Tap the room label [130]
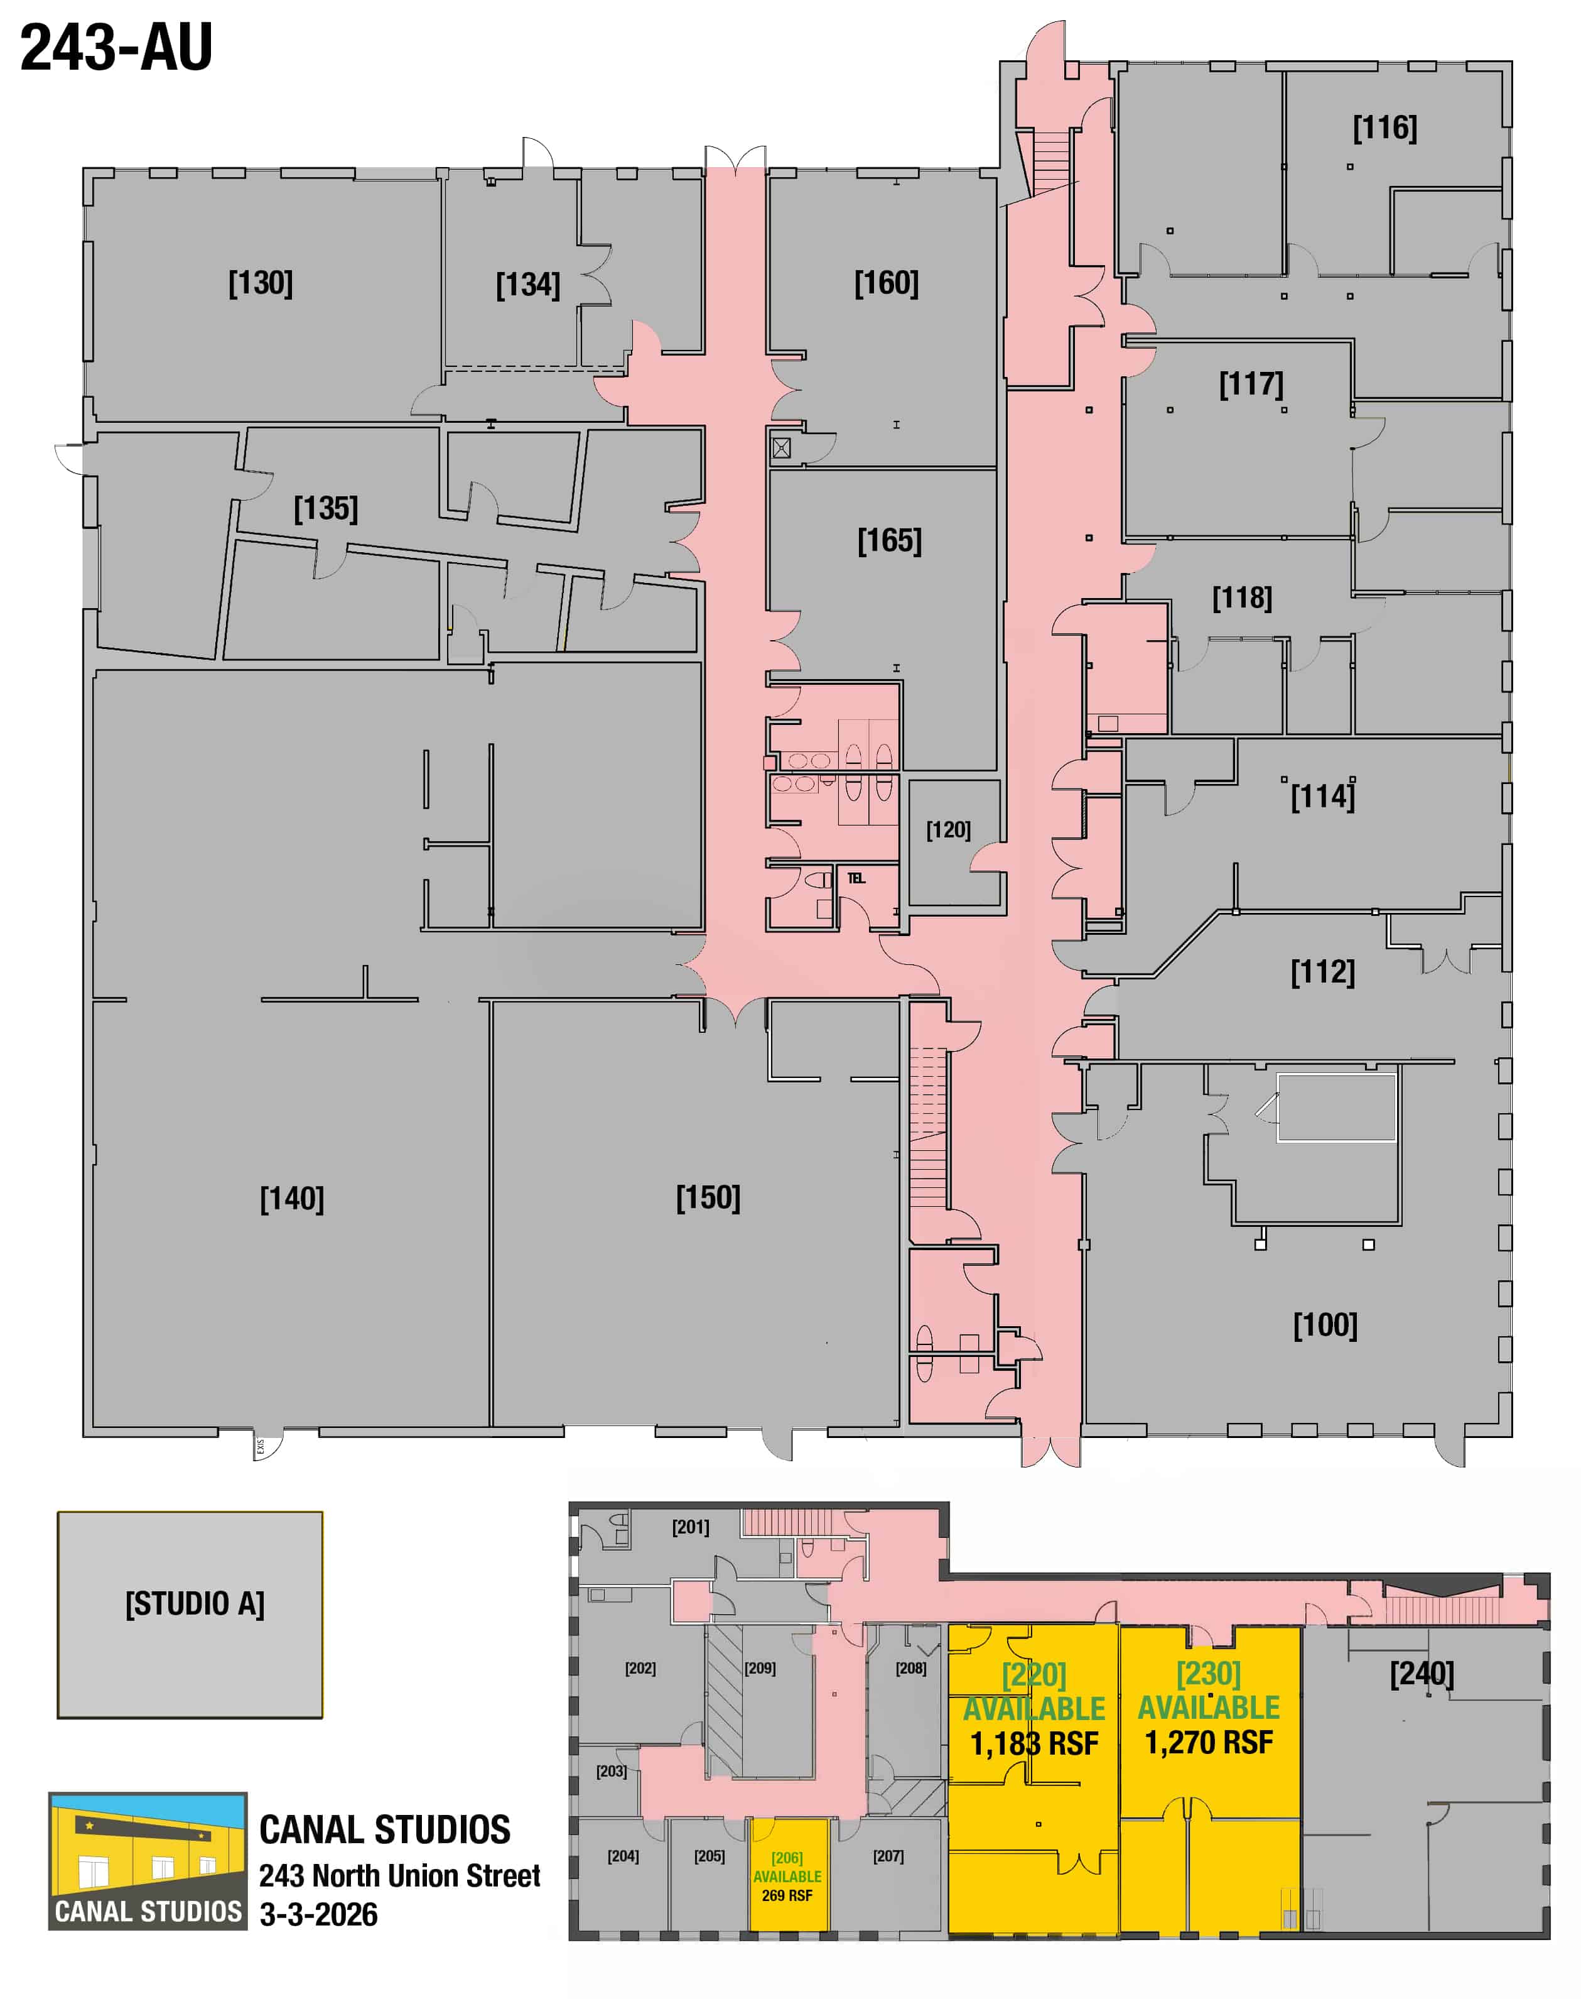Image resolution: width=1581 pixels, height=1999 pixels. pos(261,283)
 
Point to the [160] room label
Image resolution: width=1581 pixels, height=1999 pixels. pos(887,283)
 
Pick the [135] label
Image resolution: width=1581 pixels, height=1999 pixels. pos(326,508)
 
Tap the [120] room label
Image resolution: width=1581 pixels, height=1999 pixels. pos(949,830)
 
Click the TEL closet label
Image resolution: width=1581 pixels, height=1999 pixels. pos(856,878)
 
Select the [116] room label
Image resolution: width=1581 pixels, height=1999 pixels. pos(1384,128)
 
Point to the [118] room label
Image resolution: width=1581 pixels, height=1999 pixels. pos(1242,598)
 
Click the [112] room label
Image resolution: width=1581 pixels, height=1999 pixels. pos(1323,972)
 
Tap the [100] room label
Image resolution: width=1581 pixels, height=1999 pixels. pos(1325,1325)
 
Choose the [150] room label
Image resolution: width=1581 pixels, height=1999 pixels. pos(708,1198)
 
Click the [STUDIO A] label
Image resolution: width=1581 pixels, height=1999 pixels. pos(195,1604)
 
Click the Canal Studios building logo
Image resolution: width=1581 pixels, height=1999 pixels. pos(148,1861)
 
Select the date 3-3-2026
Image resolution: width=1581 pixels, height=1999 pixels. pos(318,1915)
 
